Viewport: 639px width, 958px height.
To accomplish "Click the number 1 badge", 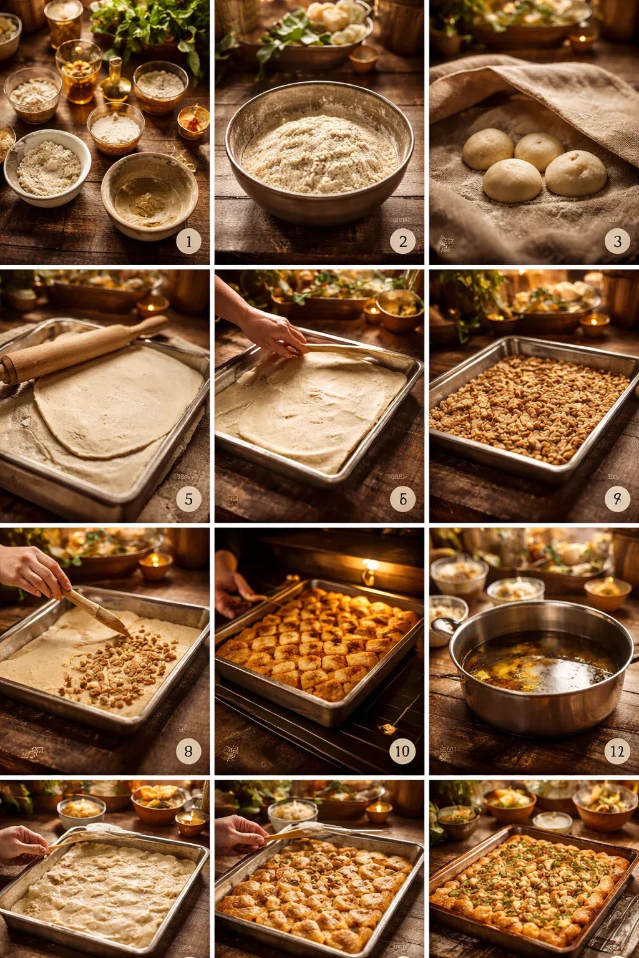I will point(188,241).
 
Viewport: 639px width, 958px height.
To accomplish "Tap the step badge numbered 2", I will point(402,241).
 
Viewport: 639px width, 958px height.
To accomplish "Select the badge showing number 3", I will point(617,241).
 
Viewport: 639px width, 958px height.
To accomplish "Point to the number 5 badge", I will point(188,499).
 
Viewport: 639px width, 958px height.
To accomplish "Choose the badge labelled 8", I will point(188,751).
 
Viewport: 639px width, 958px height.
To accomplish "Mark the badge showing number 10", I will point(402,751).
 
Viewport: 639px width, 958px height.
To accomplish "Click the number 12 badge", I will point(617,751).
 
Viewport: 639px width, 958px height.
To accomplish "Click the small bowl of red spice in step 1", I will point(193,122).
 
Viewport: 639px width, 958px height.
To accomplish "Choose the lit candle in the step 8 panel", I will point(155,564).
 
